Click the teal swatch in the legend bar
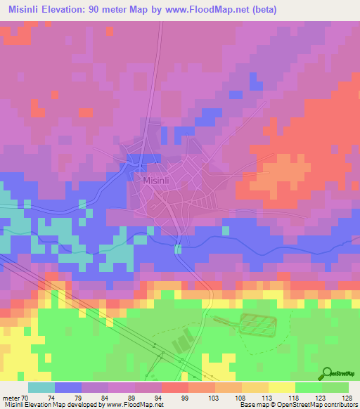point(41,387)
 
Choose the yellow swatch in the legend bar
point(281,387)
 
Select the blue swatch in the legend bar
point(68,387)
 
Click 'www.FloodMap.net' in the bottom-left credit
point(132,405)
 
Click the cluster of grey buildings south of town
point(181,344)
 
